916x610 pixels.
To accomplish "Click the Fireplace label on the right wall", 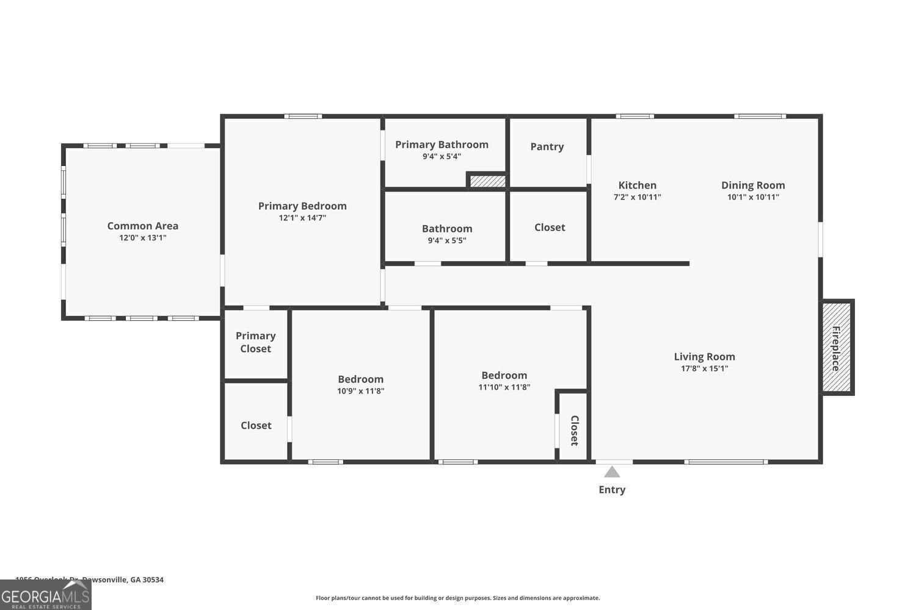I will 835,348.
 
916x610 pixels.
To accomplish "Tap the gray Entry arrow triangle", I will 612,472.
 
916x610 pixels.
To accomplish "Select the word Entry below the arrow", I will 612,489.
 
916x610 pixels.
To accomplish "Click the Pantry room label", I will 547,146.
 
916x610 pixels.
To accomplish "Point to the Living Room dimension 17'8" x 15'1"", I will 705,368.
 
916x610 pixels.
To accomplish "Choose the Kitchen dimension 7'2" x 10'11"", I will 637,197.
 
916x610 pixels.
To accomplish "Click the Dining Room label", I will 753,185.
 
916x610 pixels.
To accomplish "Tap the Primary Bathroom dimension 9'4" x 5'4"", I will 442,156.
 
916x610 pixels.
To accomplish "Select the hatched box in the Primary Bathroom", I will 488,181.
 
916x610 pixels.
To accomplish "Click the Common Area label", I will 143,226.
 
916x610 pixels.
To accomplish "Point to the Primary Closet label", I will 255,342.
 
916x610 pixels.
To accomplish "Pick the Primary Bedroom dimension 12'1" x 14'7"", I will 302,218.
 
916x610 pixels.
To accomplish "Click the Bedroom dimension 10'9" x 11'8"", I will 361,391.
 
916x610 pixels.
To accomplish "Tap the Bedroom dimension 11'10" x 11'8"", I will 504,387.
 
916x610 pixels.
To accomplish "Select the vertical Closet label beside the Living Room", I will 574,431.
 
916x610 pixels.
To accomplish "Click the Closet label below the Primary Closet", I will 256,425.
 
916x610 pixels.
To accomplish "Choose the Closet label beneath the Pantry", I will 550,227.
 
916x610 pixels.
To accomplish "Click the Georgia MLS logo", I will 46,595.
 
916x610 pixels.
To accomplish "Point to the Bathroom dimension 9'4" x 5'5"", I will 447,240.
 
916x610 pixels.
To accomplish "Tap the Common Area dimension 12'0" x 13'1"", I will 143,238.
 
